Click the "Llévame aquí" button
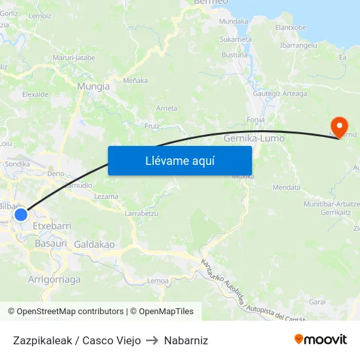(179, 160)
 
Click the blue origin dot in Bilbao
(21, 214)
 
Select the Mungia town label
(93, 86)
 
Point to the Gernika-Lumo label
(253, 139)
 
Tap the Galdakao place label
(94, 244)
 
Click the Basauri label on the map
(51, 243)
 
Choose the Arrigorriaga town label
(54, 279)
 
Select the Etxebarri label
(52, 225)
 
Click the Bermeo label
(211, 3)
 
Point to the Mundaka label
(234, 22)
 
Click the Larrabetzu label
(141, 213)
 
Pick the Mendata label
(286, 187)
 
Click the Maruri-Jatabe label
(74, 58)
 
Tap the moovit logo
(320, 340)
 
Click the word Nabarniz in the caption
(186, 340)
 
